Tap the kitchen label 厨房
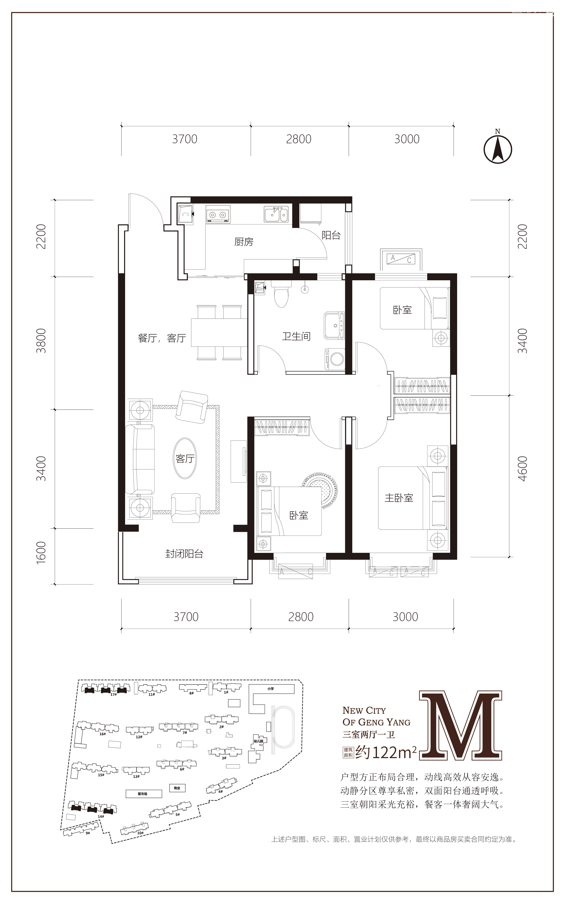coord(244,242)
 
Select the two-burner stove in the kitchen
coord(217,215)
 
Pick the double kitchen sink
coord(276,215)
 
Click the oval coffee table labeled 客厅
coord(185,458)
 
